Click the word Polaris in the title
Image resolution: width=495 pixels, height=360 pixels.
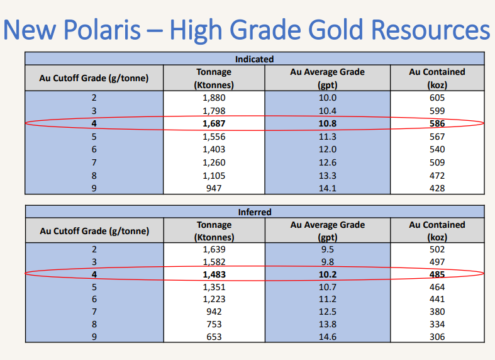[102, 30]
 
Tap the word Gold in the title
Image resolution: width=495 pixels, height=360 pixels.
[335, 30]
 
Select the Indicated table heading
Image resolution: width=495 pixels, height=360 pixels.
[255, 59]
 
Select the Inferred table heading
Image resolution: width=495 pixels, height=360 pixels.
[255, 212]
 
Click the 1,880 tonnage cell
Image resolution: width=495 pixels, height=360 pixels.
[214, 98]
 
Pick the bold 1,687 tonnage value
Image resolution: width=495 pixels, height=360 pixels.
[214, 123]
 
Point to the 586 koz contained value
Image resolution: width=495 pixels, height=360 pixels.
[437, 123]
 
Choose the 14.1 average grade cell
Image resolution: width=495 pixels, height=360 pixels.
[328, 188]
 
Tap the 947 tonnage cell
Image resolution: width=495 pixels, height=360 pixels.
[214, 188]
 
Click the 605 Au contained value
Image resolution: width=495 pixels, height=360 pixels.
[437, 98]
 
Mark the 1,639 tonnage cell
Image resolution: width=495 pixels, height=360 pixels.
[214, 249]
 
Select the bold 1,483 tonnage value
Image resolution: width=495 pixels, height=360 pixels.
[214, 274]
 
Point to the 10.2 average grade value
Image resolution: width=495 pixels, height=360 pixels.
[328, 274]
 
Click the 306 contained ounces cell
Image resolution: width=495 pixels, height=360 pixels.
[437, 337]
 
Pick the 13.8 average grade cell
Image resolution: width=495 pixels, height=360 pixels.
[328, 324]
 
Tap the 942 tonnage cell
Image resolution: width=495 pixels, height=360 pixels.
[214, 312]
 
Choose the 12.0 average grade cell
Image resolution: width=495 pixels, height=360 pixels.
[328, 149]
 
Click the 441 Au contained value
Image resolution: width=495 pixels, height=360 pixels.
[437, 299]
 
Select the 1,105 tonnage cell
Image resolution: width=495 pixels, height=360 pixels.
[214, 176]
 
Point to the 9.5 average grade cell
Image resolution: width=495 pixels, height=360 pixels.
[328, 249]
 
